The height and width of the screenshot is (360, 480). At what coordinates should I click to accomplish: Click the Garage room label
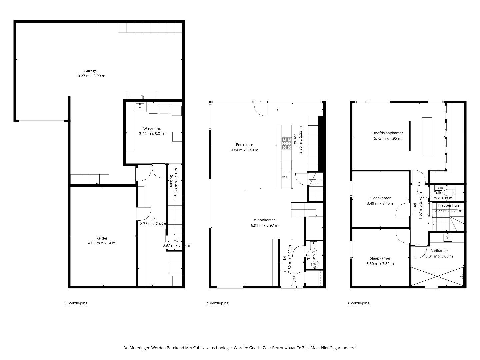tap(90, 71)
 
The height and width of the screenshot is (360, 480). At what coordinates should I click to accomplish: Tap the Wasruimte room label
tap(153, 129)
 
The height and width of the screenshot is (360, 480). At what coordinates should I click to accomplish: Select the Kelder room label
tap(102, 238)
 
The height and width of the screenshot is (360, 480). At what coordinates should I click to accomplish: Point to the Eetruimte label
tap(244, 145)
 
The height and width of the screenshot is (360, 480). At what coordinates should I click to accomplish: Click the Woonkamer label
tap(264, 220)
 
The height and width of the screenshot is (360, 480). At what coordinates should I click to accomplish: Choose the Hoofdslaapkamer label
tap(387, 133)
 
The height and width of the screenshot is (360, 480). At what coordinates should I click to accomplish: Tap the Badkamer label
tap(439, 251)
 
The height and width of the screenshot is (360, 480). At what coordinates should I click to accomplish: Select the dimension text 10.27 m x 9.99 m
tap(90, 76)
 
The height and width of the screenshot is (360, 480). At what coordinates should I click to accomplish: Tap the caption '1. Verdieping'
tap(76, 303)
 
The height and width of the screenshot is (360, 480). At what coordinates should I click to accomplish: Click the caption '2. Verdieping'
tap(217, 303)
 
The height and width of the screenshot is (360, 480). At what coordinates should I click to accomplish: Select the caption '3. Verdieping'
tap(358, 303)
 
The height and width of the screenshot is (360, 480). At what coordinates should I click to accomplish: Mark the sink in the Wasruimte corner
tap(140, 107)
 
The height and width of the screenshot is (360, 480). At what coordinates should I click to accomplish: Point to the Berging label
tap(172, 182)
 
